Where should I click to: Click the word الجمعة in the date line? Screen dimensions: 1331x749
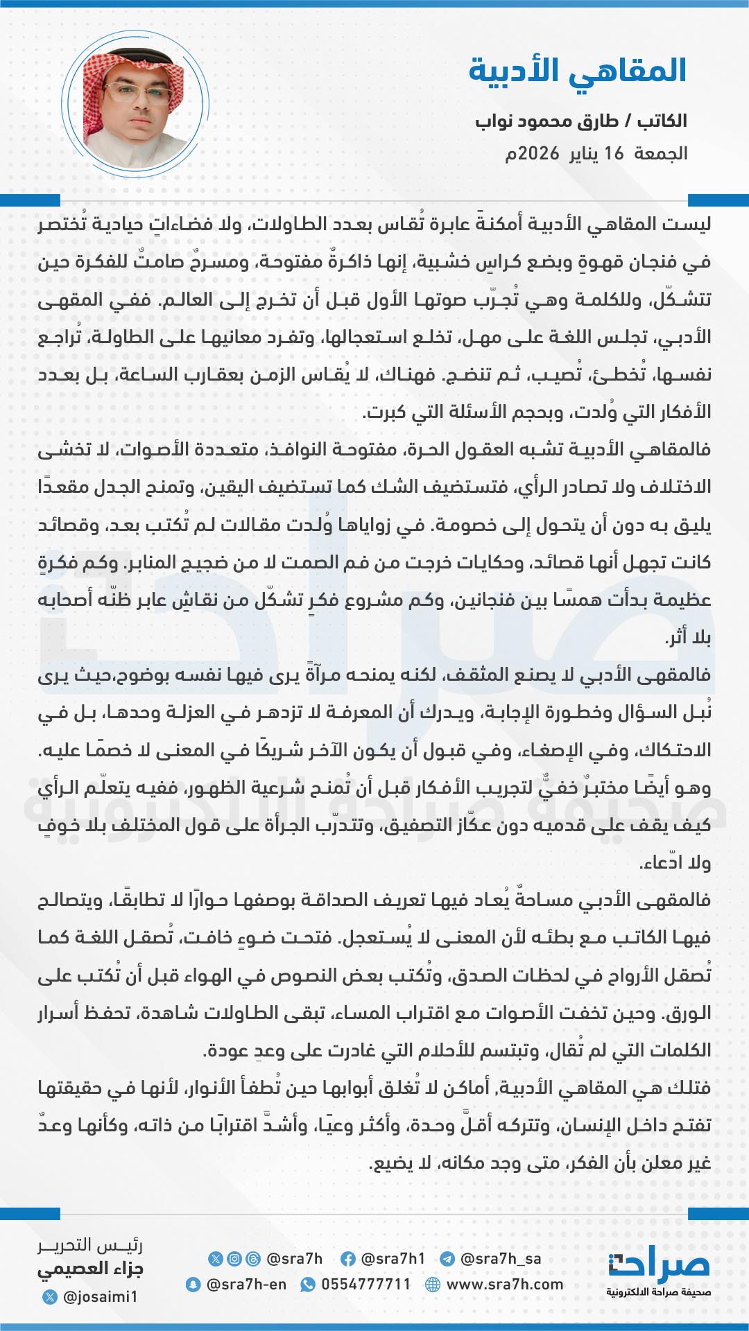(x=661, y=153)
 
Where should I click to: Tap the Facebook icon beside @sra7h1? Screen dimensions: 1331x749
(x=348, y=1259)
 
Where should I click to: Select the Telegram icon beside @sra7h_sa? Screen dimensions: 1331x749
(x=447, y=1259)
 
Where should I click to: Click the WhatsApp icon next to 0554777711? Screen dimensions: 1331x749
(x=307, y=1285)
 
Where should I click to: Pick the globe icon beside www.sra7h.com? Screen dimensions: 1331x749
(x=433, y=1285)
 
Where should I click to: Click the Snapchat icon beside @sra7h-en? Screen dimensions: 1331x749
(x=193, y=1285)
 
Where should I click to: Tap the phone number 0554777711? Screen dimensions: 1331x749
(x=365, y=1285)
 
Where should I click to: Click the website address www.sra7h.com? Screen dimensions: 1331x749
(x=504, y=1285)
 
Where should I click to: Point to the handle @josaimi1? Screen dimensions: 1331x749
(x=100, y=1296)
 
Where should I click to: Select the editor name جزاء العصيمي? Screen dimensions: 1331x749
(x=90, y=1269)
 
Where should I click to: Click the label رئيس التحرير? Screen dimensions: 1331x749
(x=90, y=1246)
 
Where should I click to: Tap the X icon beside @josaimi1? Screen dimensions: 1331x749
(x=50, y=1296)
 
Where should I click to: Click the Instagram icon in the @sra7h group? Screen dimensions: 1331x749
(x=234, y=1259)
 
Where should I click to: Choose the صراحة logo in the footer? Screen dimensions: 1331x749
(x=659, y=1266)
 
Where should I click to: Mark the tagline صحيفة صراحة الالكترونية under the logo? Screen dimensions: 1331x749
(x=659, y=1292)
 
